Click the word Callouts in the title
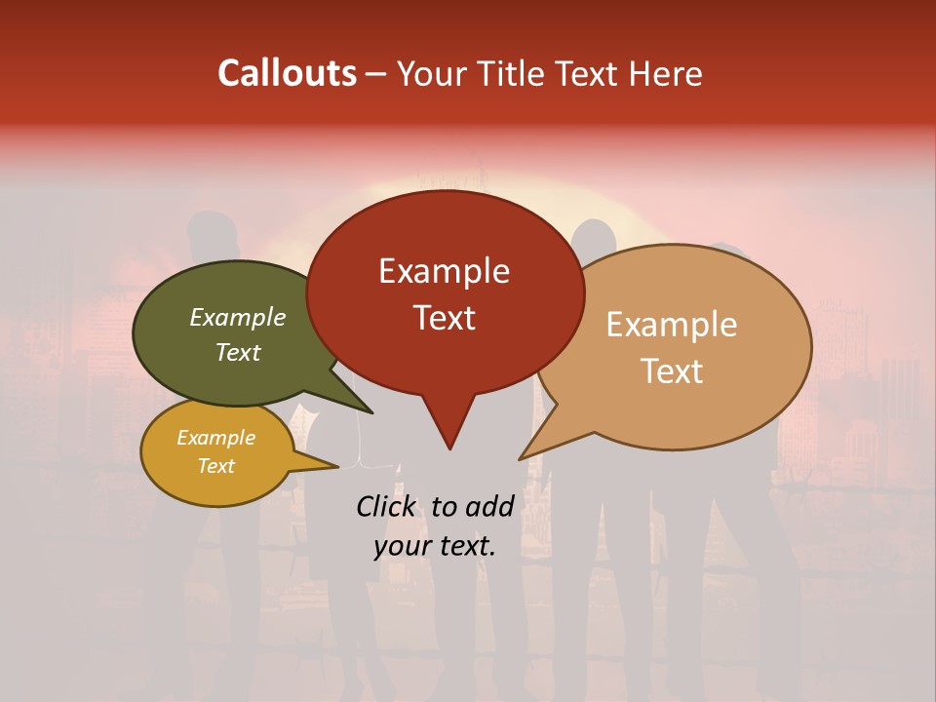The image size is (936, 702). (x=287, y=73)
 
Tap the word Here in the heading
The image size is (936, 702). (x=665, y=73)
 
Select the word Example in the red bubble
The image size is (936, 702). (x=444, y=271)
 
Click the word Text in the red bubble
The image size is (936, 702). (x=444, y=317)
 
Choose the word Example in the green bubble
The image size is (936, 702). (x=238, y=317)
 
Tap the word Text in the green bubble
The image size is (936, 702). (x=238, y=352)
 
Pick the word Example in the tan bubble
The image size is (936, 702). (x=672, y=325)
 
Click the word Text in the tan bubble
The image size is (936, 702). (x=672, y=370)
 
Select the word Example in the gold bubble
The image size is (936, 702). (x=215, y=438)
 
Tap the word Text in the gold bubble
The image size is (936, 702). (x=215, y=466)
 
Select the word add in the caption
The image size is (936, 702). (x=488, y=506)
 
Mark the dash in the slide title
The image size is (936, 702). (x=376, y=74)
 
